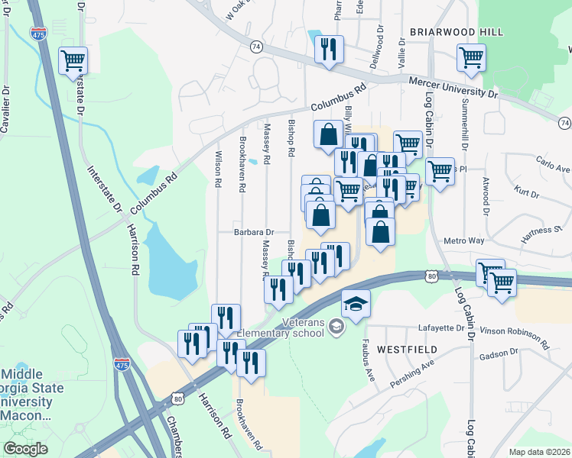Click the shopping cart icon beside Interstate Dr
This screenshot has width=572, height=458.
(73, 60)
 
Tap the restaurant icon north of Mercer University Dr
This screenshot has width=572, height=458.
(329, 50)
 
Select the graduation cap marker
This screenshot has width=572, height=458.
(356, 305)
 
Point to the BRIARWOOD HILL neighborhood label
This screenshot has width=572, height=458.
(457, 32)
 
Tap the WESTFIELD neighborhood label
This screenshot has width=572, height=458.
(407, 350)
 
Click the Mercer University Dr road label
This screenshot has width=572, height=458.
(453, 87)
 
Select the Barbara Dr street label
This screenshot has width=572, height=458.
(255, 232)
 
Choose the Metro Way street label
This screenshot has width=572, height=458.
(465, 241)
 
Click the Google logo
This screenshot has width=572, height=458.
(26, 449)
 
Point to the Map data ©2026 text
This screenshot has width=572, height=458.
(539, 452)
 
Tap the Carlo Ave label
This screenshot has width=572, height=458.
(553, 166)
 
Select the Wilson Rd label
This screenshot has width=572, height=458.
(219, 169)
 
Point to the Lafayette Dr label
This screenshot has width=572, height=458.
(441, 329)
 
